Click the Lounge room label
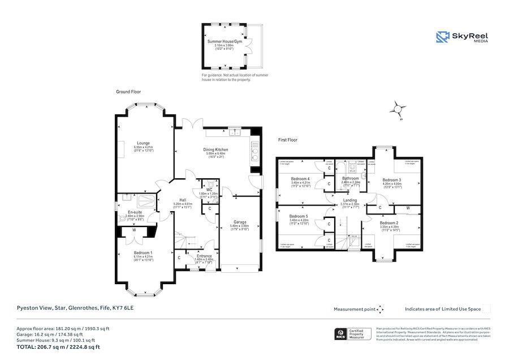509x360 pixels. [143, 143]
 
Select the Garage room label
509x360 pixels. [241, 222]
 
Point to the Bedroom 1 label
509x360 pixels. [143, 252]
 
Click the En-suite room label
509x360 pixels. [135, 212]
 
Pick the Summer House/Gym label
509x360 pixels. [224, 42]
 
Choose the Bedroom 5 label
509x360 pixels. [299, 216]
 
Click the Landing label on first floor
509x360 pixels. [350, 200]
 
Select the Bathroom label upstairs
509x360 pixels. [351, 178]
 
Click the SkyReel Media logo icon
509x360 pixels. [443, 37]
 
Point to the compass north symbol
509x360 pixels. [399, 108]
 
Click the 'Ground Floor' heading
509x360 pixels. [128, 92]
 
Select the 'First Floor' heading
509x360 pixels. [287, 140]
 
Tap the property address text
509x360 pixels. [75, 308]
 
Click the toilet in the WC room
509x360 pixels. [212, 184]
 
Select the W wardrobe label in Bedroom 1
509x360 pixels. [134, 230]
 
